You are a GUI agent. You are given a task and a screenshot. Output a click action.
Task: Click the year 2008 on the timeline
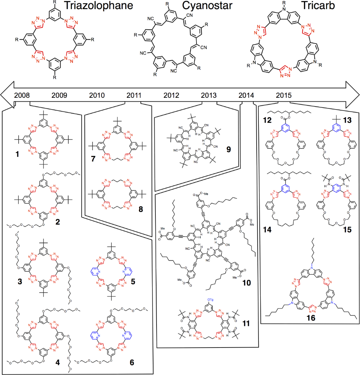point(22,96)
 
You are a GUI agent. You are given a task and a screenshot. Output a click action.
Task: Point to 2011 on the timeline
point(134,96)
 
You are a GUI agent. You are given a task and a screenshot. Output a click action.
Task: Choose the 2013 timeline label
point(209,96)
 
